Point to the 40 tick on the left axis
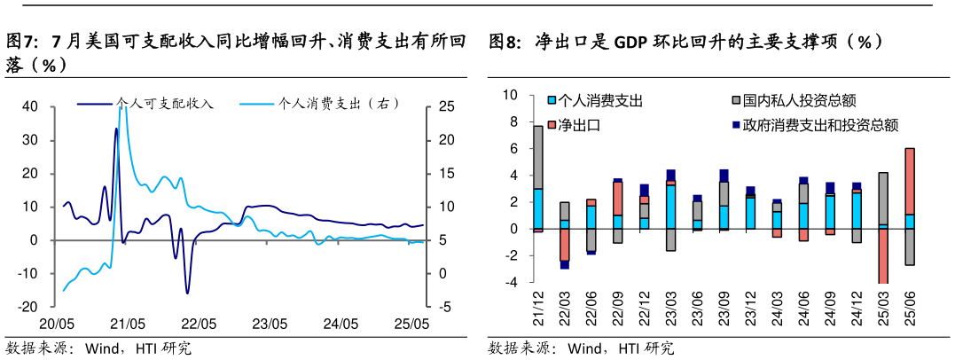(29, 106)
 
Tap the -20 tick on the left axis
(27, 307)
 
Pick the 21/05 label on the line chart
(128, 325)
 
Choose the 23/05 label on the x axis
(269, 325)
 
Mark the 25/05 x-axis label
(411, 325)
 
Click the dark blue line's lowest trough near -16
(187, 292)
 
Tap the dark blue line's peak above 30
(116, 129)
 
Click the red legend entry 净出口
(581, 125)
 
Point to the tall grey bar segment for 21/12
(538, 157)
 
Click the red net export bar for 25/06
(909, 181)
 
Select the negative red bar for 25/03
(882, 256)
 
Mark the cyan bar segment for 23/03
(670, 207)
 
